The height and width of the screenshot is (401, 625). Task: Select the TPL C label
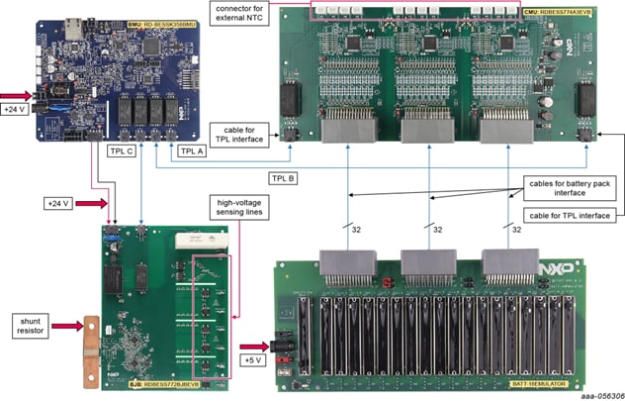[122, 151]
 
